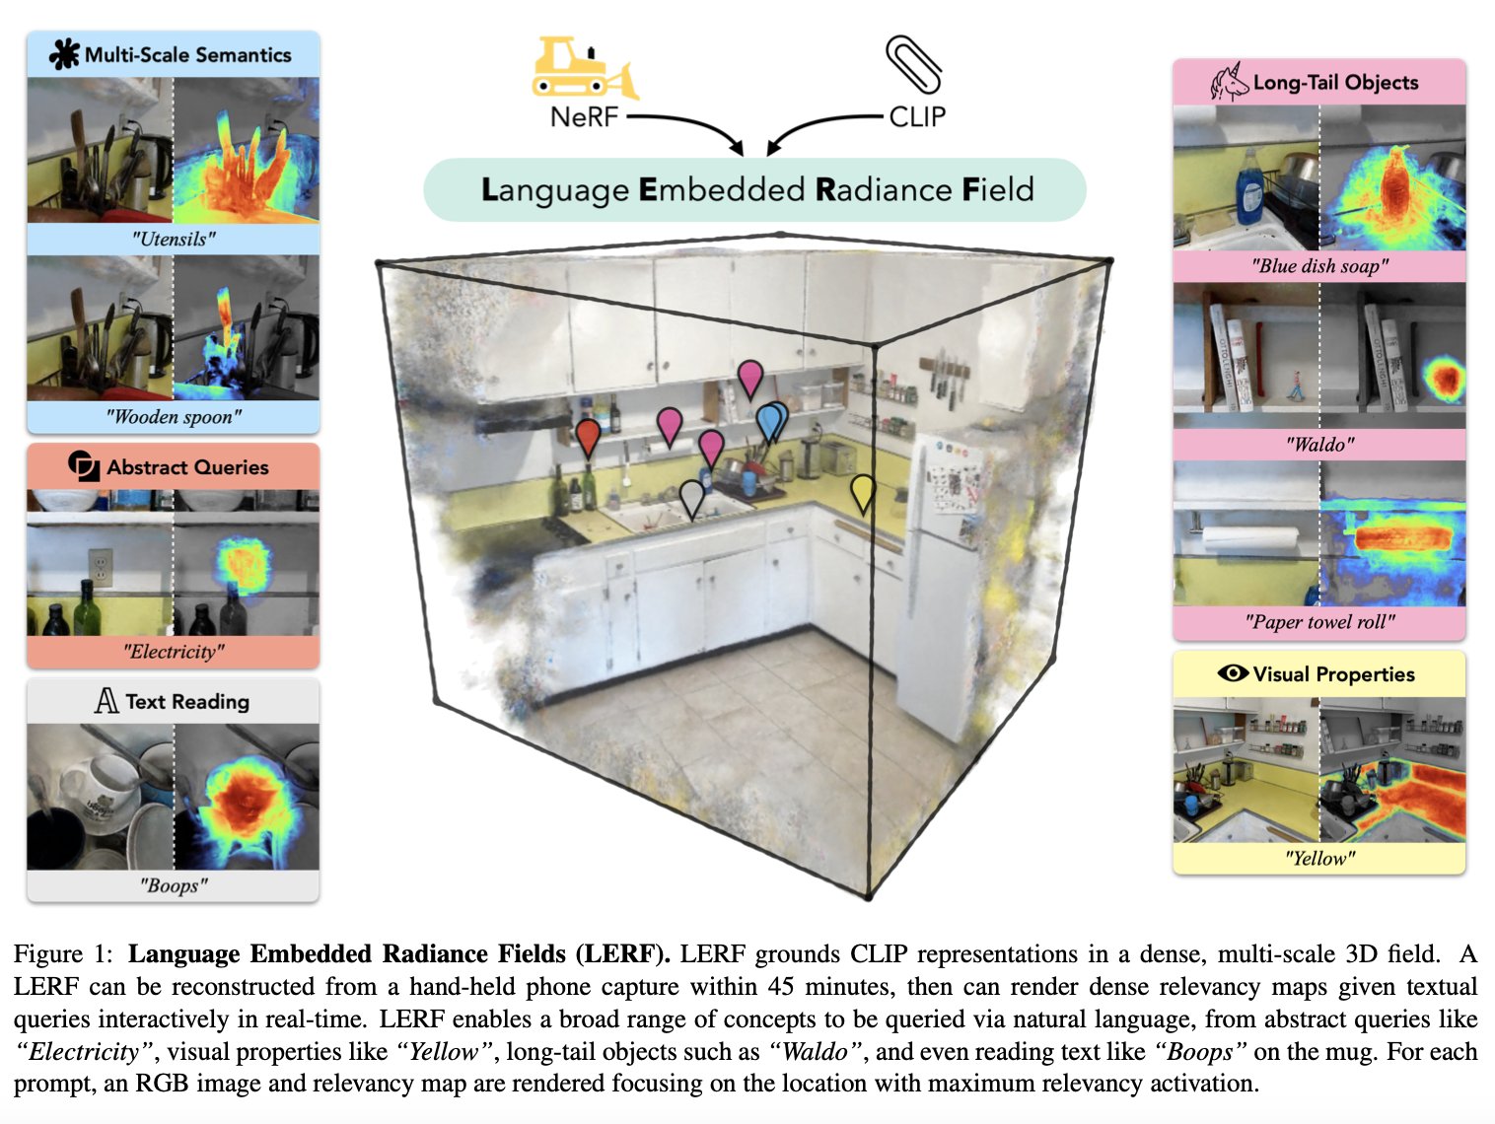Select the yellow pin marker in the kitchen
pos(863,491)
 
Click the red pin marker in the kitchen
pos(588,435)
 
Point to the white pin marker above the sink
pos(692,496)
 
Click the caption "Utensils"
pos(174,239)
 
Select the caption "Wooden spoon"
pos(174,417)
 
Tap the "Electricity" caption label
pos(174,652)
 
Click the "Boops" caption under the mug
pos(174,885)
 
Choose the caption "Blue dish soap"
pos(1319,266)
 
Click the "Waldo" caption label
pos(1319,445)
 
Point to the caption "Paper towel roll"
pos(1319,622)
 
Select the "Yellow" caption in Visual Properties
pos(1319,859)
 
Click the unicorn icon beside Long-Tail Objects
pos(1230,83)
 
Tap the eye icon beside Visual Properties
pos(1233,673)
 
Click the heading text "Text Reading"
pos(187,702)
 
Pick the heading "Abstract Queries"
pos(187,467)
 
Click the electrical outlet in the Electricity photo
pos(100,567)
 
